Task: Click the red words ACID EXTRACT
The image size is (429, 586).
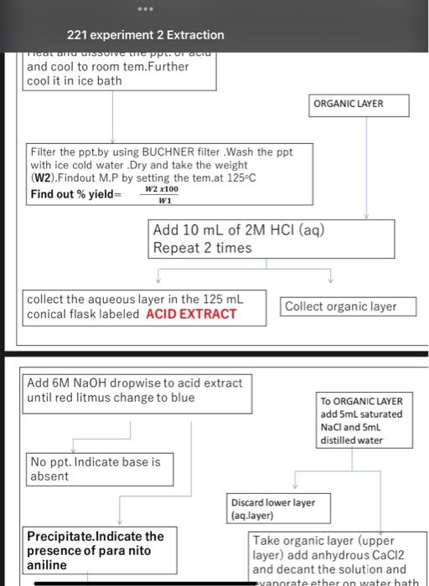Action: (191, 314)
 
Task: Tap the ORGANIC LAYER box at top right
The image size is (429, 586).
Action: (359, 105)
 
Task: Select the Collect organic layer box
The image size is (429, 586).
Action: (349, 306)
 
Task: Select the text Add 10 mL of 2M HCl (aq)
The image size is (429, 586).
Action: (238, 230)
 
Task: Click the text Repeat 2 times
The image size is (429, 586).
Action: (202, 248)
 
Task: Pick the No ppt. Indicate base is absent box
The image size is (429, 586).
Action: (93, 469)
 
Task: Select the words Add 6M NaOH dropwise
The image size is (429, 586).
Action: (91, 383)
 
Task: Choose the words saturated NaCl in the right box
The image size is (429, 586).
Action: (361, 420)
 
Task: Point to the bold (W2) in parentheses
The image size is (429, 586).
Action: (44, 177)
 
